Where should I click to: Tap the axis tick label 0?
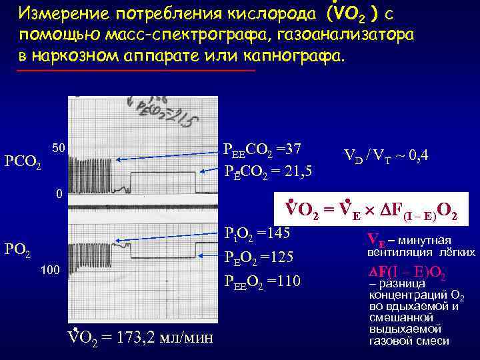(59, 194)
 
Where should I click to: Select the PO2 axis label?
(19, 250)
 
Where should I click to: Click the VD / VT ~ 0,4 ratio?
(386, 156)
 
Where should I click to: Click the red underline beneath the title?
(136, 70)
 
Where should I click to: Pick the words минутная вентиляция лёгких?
(427, 246)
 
